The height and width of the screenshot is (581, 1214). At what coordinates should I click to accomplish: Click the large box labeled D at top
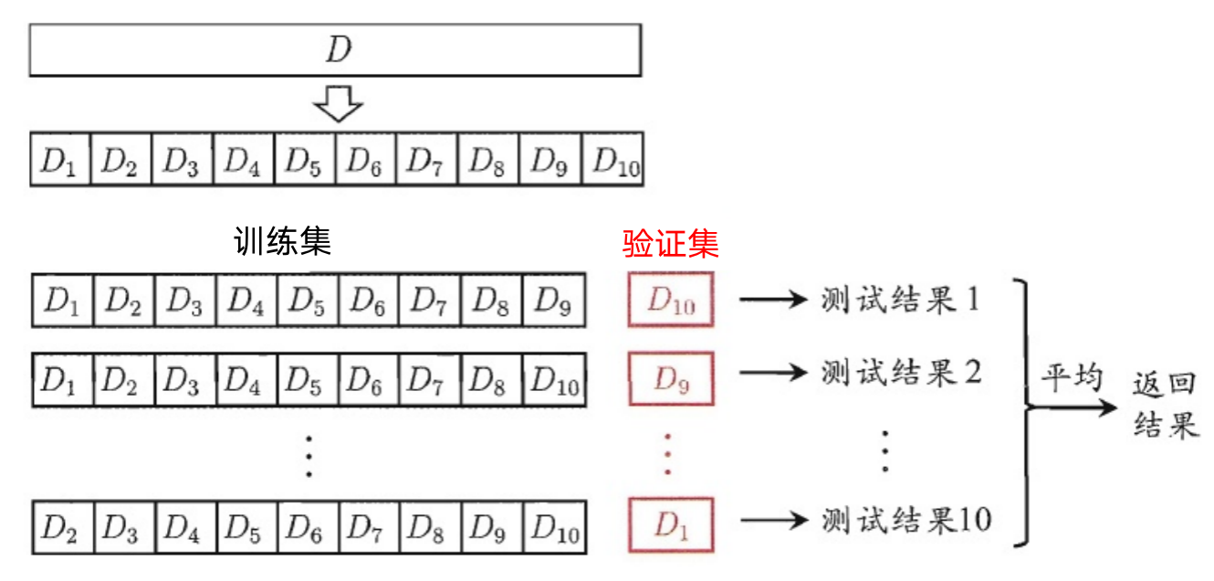point(335,49)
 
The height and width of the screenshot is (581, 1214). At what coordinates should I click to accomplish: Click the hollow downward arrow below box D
point(338,103)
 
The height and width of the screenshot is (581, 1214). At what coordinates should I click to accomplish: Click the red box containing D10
point(671,301)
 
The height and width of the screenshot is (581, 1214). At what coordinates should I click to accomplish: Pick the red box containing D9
point(671,378)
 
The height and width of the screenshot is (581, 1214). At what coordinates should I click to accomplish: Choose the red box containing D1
point(671,525)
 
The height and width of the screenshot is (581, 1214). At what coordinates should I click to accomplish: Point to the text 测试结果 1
point(899,300)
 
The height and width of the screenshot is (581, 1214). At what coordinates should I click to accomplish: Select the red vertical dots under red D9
point(668,453)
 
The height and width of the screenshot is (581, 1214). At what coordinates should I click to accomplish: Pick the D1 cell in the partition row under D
point(59,161)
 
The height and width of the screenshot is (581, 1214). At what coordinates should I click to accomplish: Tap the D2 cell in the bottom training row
point(59,527)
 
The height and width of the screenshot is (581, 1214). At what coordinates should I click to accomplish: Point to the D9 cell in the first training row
point(554,300)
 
